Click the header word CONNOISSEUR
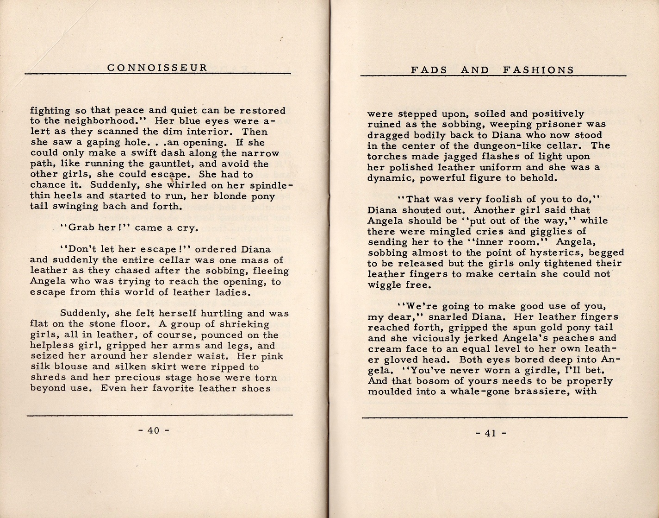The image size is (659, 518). tap(157, 68)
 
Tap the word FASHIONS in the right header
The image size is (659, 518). tap(538, 70)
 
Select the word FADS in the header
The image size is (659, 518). tap(429, 70)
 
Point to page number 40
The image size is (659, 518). tap(153, 430)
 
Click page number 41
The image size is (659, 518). tap(491, 433)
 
